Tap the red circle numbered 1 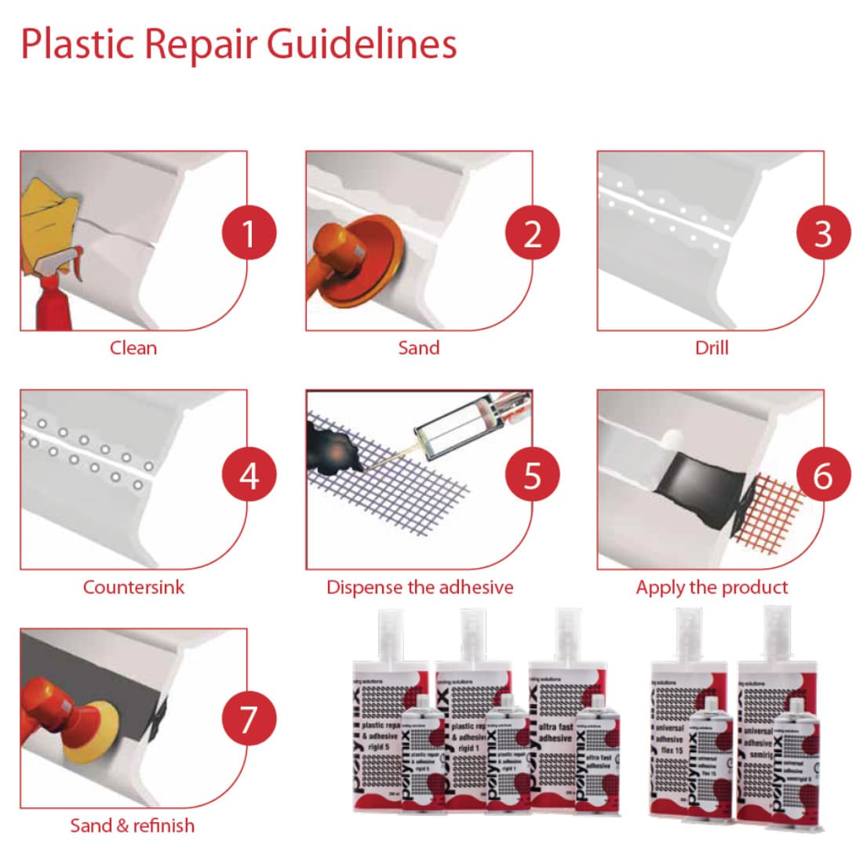249,233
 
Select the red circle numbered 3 823,233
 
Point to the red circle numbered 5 533,475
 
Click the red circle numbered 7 249,719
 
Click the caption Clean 133,348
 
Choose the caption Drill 712,348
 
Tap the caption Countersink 133,587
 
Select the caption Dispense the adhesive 420,587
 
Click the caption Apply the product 712,587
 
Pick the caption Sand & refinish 133,825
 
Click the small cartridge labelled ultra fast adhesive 598,761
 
